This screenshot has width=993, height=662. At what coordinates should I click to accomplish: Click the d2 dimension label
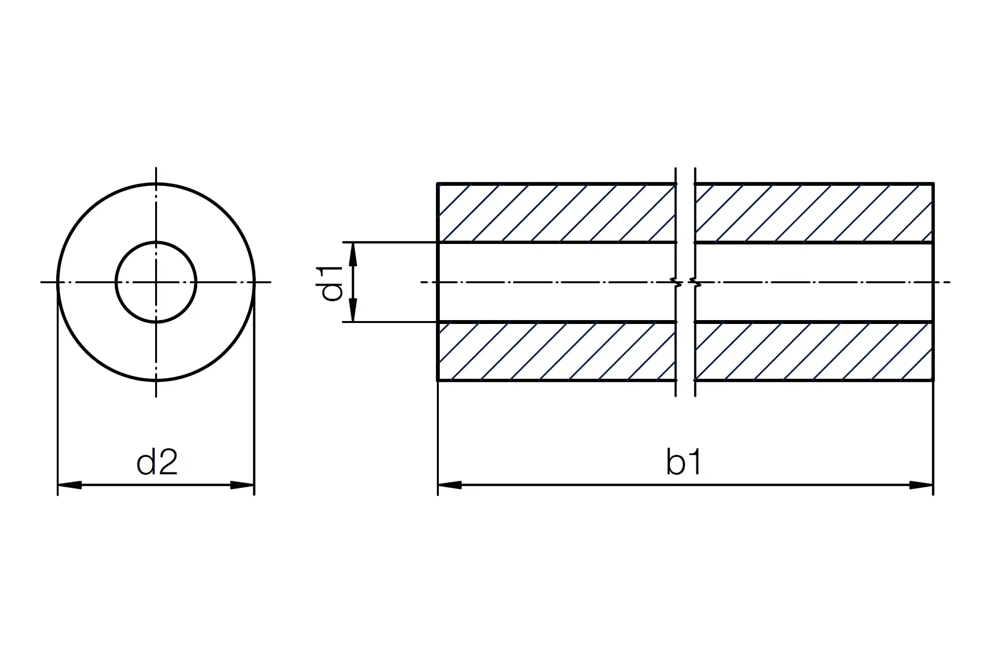157,462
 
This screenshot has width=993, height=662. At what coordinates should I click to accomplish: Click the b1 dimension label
684,462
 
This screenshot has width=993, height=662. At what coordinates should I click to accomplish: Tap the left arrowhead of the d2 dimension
69,484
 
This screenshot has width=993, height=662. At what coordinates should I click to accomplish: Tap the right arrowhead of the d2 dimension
242,484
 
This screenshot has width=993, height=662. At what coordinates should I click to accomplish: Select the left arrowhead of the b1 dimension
449,484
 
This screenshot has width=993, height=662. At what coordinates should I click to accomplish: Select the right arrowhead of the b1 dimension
921,484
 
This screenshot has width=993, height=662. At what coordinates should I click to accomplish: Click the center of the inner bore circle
156,282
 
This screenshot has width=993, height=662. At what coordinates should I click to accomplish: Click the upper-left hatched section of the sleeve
557,213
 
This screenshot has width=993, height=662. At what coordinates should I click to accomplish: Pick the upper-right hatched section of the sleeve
814,213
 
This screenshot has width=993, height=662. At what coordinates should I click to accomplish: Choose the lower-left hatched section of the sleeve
557,351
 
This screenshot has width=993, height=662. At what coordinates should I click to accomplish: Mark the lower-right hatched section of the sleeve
814,351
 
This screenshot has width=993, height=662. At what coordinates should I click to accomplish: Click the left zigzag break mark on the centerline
676,282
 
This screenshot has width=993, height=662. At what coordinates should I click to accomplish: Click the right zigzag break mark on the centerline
695,282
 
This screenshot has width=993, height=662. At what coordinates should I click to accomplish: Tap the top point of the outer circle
156,184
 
